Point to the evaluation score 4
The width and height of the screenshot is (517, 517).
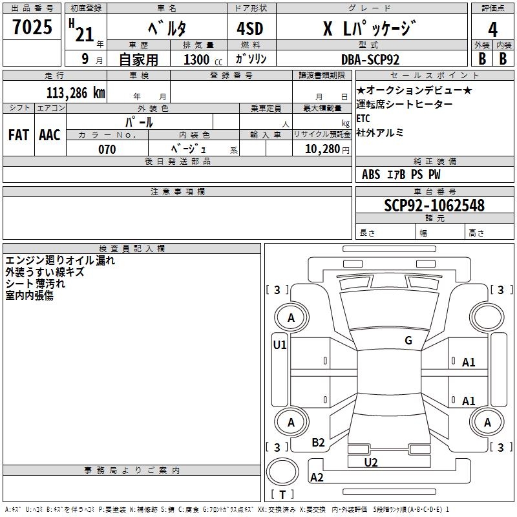click(493, 29)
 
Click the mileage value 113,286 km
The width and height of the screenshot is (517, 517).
click(76, 92)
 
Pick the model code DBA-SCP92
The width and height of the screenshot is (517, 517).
click(370, 59)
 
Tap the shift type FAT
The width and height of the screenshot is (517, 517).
click(19, 134)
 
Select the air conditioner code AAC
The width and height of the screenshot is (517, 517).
click(50, 134)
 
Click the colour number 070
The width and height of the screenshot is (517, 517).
click(107, 149)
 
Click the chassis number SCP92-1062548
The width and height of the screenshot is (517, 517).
click(434, 206)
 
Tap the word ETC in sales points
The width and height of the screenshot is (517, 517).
click(363, 118)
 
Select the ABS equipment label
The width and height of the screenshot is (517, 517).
click(371, 174)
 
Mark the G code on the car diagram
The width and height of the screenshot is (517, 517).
click(408, 341)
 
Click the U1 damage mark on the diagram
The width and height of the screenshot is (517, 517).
click(279, 345)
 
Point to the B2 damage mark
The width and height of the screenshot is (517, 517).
click(318, 443)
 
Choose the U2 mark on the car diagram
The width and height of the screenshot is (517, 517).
click(371, 462)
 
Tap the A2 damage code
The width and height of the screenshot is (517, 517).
click(317, 478)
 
